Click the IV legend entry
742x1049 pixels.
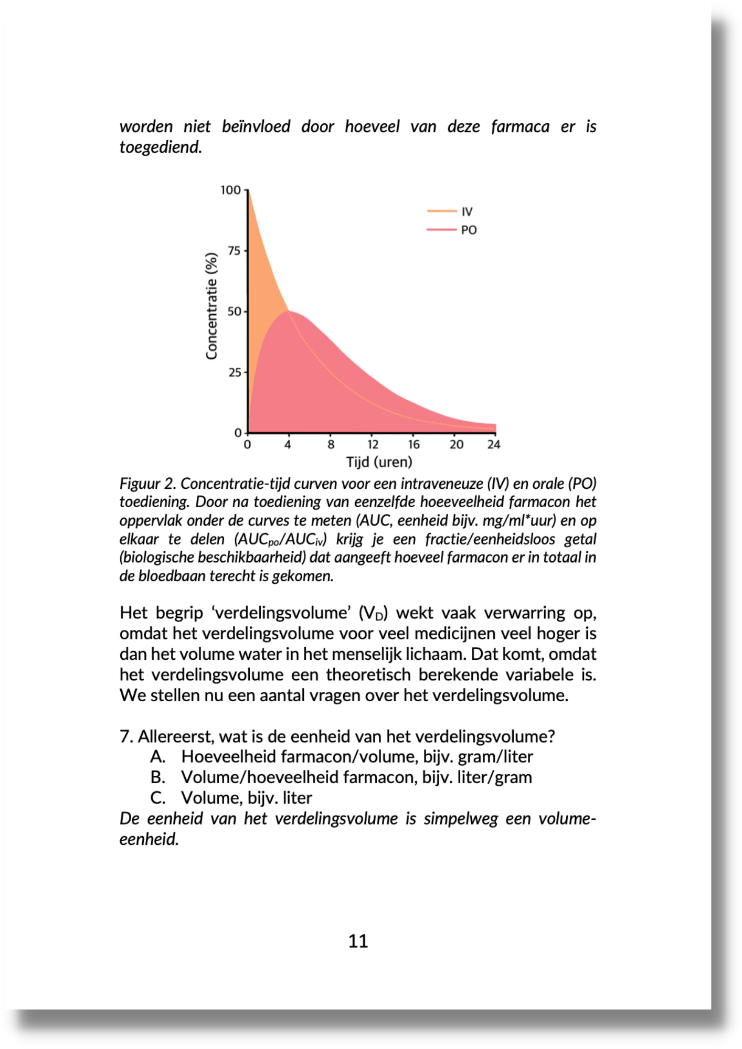click(467, 212)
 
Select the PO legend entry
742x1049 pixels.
click(468, 230)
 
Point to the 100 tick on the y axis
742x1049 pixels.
click(231, 190)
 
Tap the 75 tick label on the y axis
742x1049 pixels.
click(234, 251)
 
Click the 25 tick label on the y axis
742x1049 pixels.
click(234, 373)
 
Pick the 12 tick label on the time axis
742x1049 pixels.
click(373, 445)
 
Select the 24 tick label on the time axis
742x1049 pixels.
click(494, 445)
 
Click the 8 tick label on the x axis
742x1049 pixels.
click(331, 445)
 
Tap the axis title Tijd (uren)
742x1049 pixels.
click(379, 462)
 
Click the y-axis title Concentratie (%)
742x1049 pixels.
click(211, 306)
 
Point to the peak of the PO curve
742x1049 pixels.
click(289, 312)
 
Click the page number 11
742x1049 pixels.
click(358, 941)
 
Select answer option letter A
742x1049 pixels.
click(157, 757)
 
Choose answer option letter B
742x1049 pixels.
click(157, 777)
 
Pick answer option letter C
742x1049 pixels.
click(157, 798)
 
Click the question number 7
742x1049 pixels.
click(125, 736)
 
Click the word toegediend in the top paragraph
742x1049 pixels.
click(160, 147)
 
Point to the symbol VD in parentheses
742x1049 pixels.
click(374, 613)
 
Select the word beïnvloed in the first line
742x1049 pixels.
click(256, 127)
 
